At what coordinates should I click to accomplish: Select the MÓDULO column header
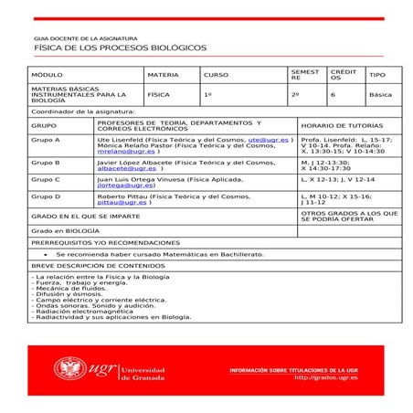point(48,74)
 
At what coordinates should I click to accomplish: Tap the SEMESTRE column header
point(302,74)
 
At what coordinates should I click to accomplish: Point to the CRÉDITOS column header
point(344,74)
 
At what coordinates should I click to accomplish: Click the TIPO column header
point(377,74)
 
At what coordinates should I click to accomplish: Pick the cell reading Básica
point(380,94)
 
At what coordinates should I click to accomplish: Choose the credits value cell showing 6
point(334,94)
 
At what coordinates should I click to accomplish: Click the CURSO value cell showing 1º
point(207,94)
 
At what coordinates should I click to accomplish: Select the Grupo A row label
point(46,140)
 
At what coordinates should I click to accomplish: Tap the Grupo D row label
point(46,196)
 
